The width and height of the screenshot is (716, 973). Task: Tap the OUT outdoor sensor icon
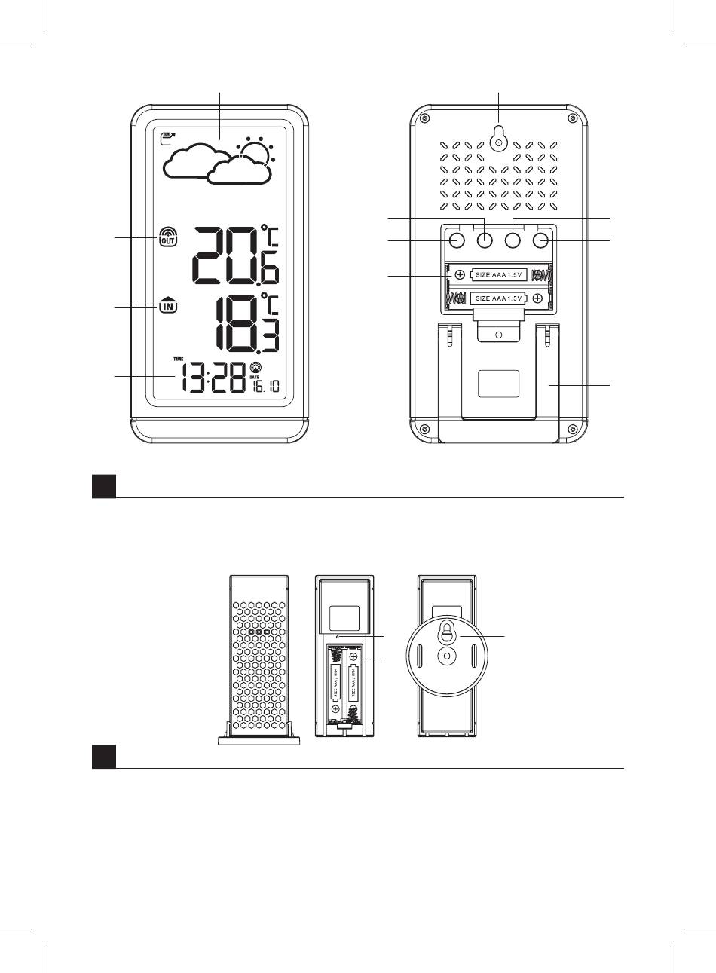pos(167,237)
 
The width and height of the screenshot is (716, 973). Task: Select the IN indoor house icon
pos(168,305)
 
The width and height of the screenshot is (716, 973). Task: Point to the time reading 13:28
pos(213,376)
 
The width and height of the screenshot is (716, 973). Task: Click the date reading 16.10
pos(265,387)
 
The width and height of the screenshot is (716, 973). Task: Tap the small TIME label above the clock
pos(179,359)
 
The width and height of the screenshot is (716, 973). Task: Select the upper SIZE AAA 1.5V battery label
pos(500,274)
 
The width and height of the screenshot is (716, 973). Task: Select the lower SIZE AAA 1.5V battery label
pos(500,299)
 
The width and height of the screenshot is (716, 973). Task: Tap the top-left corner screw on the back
pos(426,118)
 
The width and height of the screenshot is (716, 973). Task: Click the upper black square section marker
pos(104,486)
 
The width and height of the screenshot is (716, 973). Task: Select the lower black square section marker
pos(104,757)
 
